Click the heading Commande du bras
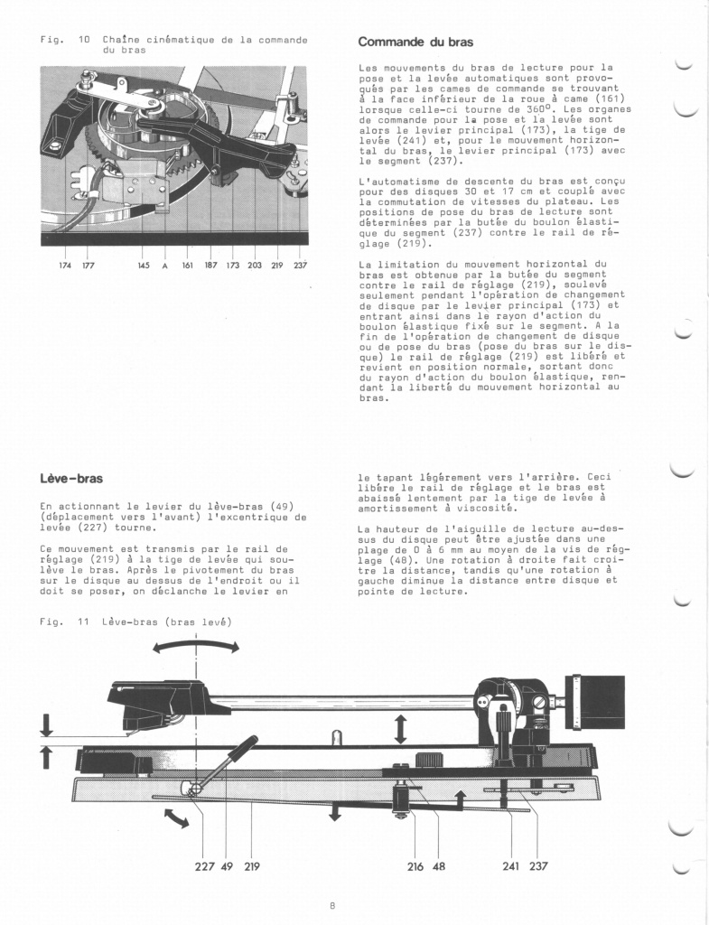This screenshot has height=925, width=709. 415,42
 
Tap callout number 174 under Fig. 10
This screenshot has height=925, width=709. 63,266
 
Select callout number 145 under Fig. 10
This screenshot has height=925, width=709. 144,266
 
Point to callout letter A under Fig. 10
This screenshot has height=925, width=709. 165,266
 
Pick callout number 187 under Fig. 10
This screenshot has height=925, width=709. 210,266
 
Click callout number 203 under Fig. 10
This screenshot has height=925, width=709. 255,266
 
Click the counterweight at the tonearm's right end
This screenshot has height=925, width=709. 595,701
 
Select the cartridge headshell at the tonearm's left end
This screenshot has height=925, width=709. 158,705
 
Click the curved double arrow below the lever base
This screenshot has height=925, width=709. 177,818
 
